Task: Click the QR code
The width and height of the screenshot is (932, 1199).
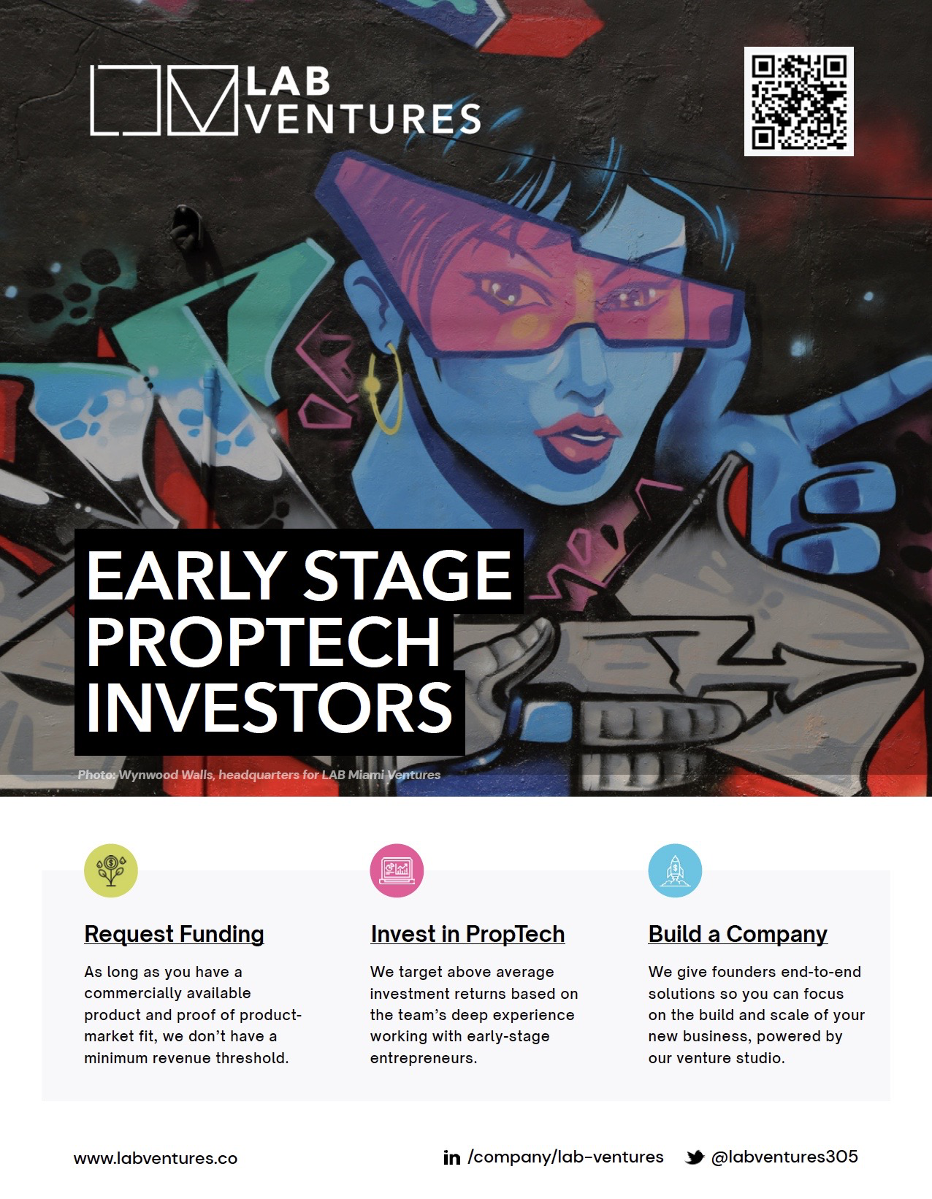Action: (x=798, y=101)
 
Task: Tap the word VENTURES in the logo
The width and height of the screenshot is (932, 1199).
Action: (x=364, y=118)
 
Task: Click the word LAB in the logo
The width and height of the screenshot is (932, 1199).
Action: (x=288, y=81)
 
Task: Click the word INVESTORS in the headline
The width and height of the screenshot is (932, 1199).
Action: (x=270, y=708)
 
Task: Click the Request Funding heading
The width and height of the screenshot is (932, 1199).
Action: (x=174, y=934)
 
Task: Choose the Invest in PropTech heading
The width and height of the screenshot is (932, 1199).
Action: (x=467, y=934)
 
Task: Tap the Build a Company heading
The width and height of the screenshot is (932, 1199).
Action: (x=738, y=934)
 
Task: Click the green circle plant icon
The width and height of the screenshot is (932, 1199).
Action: (x=111, y=870)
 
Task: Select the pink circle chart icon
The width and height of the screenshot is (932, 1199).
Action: (x=397, y=870)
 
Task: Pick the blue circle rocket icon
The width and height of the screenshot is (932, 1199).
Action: (x=675, y=870)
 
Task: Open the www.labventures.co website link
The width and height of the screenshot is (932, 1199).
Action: (x=156, y=1158)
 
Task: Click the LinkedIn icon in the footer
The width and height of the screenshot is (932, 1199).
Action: (x=451, y=1157)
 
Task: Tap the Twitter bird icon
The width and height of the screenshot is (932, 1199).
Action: (x=695, y=1157)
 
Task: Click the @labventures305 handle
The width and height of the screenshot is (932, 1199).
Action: (x=784, y=1157)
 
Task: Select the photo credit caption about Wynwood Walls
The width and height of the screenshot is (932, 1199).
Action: (x=259, y=775)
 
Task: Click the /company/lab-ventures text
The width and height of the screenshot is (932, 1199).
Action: (x=565, y=1157)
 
